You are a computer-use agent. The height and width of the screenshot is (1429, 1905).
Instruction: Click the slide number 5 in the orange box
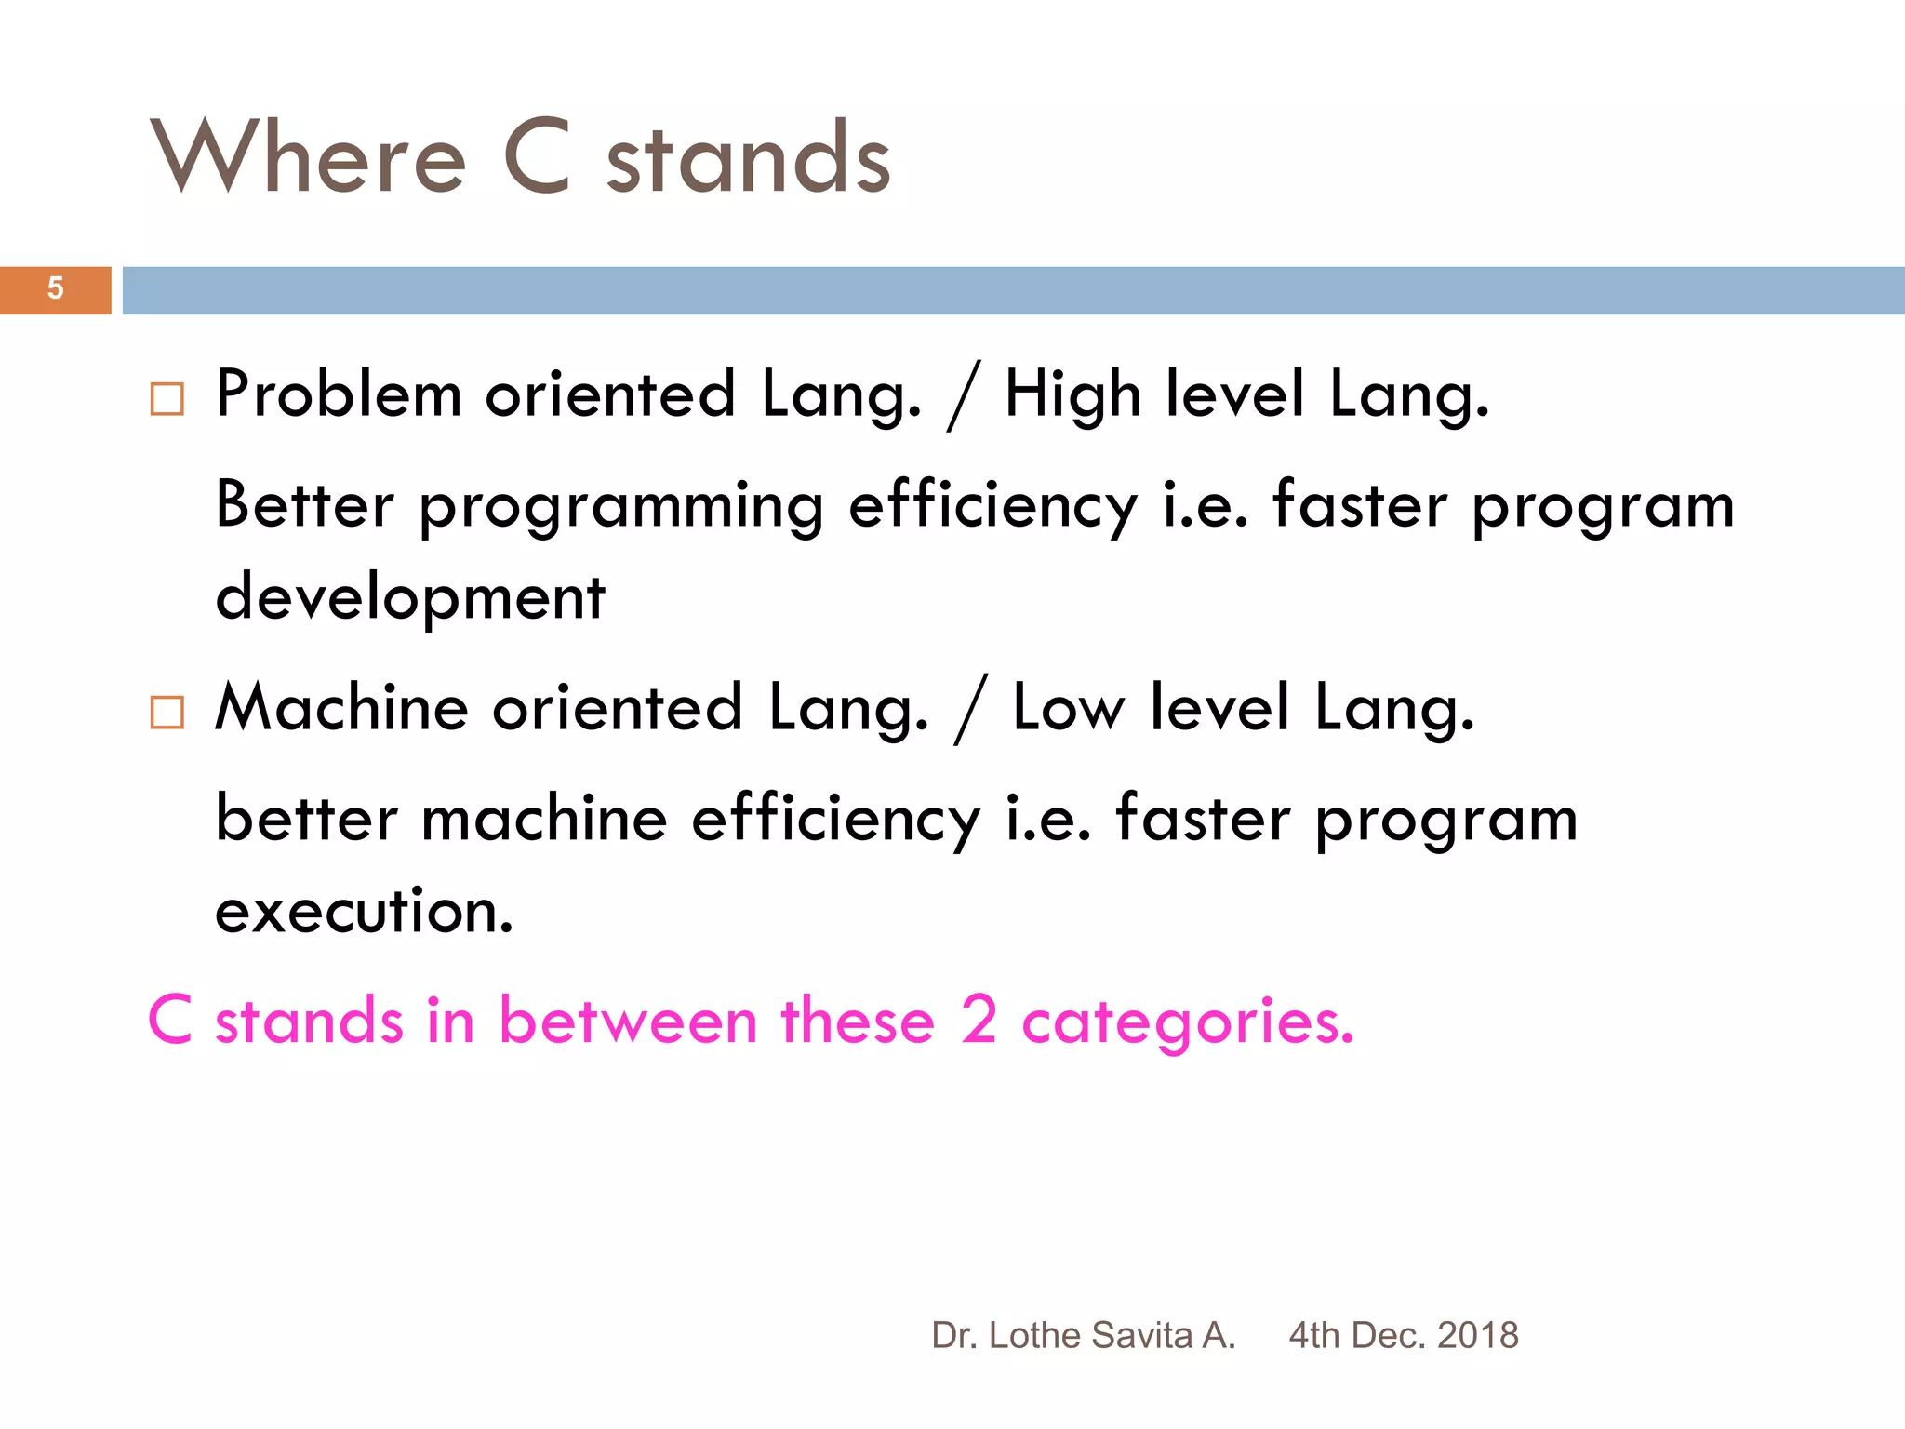[55, 288]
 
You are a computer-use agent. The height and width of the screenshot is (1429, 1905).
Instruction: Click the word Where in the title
[308, 158]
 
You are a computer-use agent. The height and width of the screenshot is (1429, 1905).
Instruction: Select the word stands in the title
[749, 160]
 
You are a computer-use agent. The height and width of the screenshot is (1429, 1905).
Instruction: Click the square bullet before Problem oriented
[167, 399]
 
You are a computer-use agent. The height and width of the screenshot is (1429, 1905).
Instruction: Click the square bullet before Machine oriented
[167, 713]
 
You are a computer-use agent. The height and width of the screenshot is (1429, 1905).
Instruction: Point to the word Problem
[339, 394]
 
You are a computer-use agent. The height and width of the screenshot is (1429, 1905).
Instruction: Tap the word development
[410, 598]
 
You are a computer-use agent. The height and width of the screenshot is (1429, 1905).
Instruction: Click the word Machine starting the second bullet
[341, 708]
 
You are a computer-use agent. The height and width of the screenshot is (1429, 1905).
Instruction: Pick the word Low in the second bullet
[1068, 708]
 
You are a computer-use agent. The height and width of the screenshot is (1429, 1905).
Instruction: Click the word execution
[364, 912]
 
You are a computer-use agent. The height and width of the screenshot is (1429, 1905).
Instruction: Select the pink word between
[628, 1021]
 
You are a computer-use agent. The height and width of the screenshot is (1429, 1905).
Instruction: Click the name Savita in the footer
[1141, 1335]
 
